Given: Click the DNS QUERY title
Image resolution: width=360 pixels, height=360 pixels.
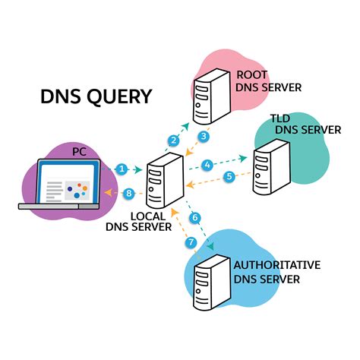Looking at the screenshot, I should [96, 96].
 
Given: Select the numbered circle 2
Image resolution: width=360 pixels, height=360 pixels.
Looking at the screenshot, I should [174, 140].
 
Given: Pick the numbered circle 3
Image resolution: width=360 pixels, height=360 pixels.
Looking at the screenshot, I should [204, 136].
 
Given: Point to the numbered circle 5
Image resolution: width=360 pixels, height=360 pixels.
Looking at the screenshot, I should [229, 178].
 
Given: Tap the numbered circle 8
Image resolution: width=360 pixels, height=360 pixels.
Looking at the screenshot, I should [129, 194].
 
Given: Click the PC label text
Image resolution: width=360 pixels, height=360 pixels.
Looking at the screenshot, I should [80, 153].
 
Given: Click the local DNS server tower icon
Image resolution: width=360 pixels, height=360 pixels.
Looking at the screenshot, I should [165, 181].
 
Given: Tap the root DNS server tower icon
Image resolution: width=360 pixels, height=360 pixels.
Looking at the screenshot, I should [210, 96].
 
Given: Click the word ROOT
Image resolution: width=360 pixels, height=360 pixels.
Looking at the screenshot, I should [252, 74].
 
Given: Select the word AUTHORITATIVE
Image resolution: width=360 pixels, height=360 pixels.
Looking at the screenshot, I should [276, 265].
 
